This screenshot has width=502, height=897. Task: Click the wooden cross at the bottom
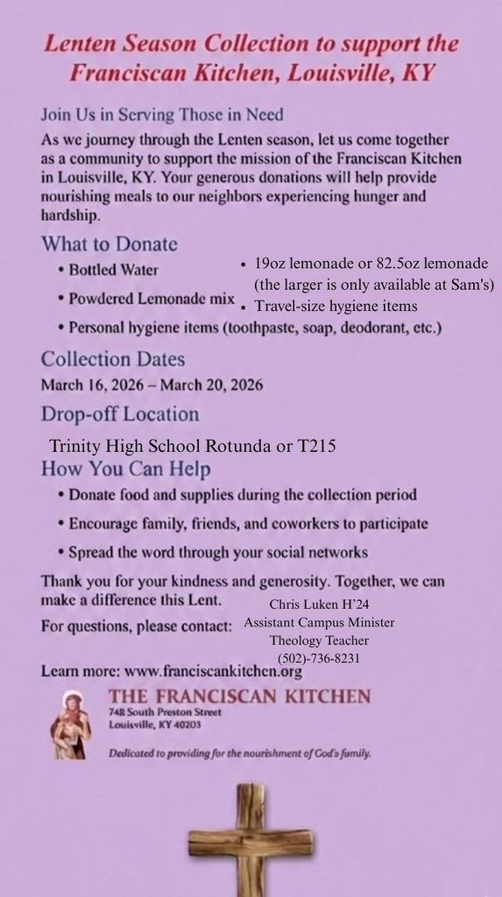pos(251,838)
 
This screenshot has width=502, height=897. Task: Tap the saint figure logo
pos(70,724)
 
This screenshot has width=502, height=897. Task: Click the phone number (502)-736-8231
pos(319,658)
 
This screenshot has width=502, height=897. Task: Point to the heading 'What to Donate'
pos(109,244)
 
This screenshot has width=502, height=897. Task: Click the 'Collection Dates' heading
pos(113,358)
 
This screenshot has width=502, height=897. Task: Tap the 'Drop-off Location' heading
pos(120,413)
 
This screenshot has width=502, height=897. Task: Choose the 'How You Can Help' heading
pos(126,469)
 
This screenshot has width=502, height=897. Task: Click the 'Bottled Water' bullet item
pos(113,269)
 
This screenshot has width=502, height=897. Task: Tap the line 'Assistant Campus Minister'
pos(319,622)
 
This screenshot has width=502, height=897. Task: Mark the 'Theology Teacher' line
pos(319,640)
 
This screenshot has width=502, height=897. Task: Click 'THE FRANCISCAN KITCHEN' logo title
pos(239,696)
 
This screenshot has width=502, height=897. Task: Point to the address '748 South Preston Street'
pos(165,713)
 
